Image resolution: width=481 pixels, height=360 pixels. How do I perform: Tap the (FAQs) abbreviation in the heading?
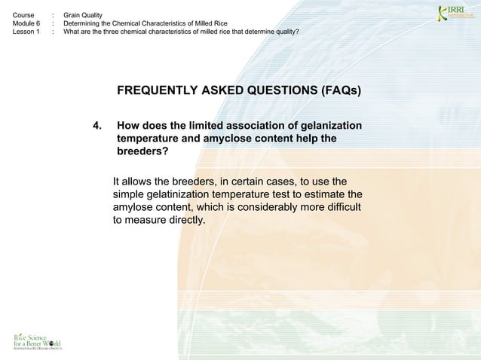[x=341, y=92]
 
